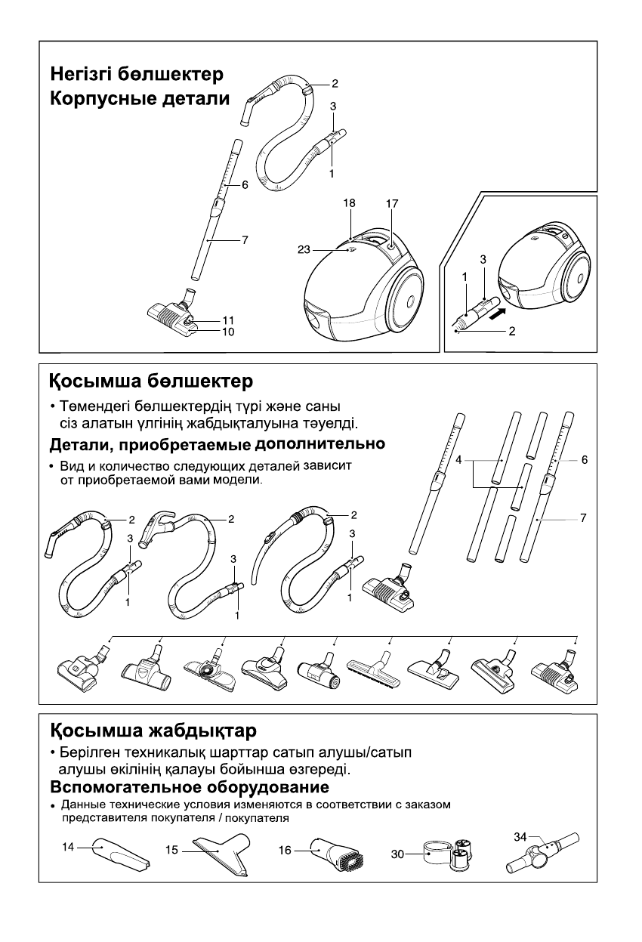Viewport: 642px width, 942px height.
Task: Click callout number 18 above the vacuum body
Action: (x=348, y=203)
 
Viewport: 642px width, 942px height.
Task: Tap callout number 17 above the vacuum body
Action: (x=391, y=203)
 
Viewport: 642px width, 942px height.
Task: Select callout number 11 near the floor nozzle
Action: (x=228, y=320)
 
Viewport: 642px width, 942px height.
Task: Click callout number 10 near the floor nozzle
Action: (x=228, y=331)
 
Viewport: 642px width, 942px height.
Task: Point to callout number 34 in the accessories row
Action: (x=520, y=836)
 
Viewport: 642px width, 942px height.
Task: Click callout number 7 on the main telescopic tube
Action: (x=245, y=240)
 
